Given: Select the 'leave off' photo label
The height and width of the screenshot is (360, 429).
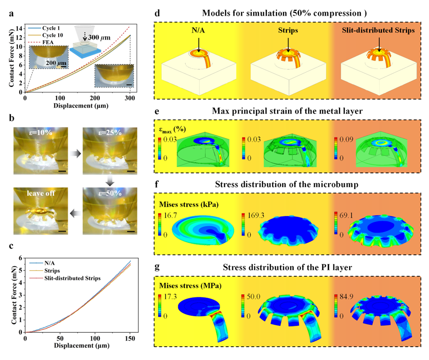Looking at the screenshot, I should [37, 194].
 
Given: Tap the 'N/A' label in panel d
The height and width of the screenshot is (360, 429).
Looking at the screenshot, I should [198, 31].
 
